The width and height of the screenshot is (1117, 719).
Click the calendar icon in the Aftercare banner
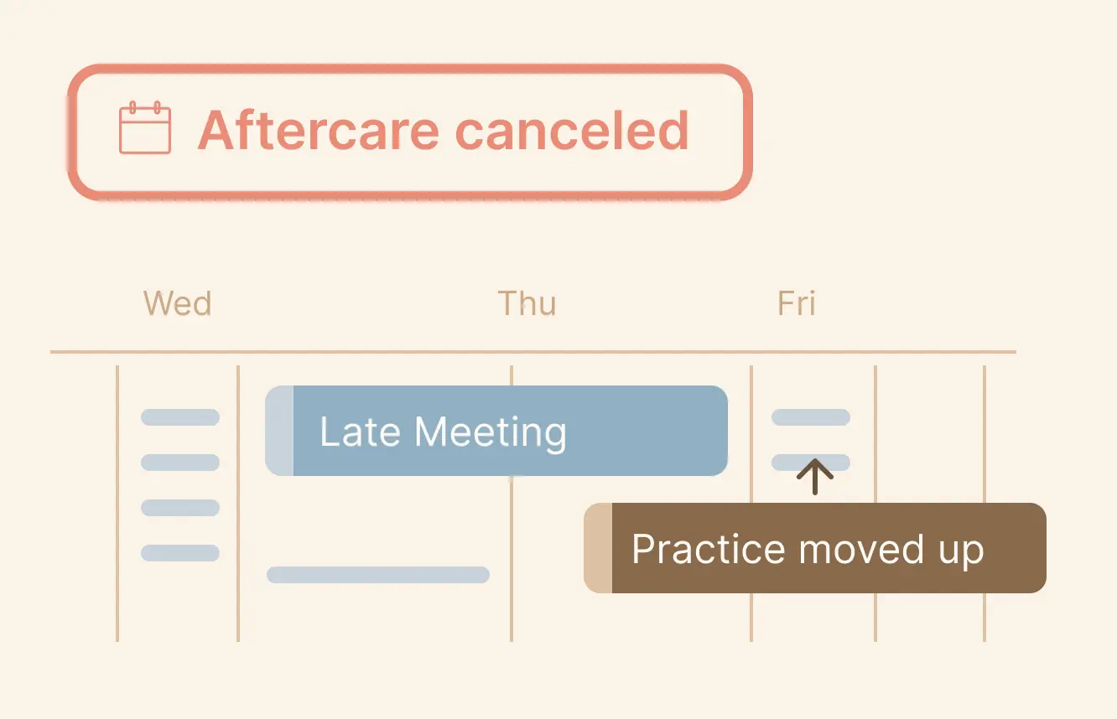pyautogui.click(x=145, y=127)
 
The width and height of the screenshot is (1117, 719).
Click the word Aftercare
pyautogui.click(x=319, y=130)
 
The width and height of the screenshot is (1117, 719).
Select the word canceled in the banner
pyautogui.click(x=573, y=130)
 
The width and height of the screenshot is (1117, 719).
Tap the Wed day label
pyautogui.click(x=178, y=303)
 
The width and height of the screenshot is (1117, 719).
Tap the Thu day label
pyautogui.click(x=527, y=303)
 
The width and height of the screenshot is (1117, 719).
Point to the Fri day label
pyautogui.click(x=797, y=303)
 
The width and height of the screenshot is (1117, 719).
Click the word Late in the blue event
pyautogui.click(x=360, y=432)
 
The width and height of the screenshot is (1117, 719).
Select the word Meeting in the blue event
pyautogui.click(x=491, y=433)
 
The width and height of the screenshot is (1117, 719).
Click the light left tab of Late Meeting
pyautogui.click(x=279, y=431)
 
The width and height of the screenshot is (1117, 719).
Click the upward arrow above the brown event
pyautogui.click(x=815, y=477)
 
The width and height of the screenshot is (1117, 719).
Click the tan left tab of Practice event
pyautogui.click(x=598, y=548)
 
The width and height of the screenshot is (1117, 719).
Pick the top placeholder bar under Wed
pyautogui.click(x=180, y=417)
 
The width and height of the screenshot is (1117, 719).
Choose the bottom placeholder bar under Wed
pyautogui.click(x=180, y=553)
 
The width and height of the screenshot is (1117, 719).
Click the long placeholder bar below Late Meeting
pyautogui.click(x=378, y=575)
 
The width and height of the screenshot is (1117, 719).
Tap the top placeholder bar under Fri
pyautogui.click(x=811, y=417)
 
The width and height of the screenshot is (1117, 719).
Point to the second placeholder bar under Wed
pyautogui.click(x=180, y=463)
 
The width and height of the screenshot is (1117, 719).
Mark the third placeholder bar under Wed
pyautogui.click(x=180, y=508)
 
